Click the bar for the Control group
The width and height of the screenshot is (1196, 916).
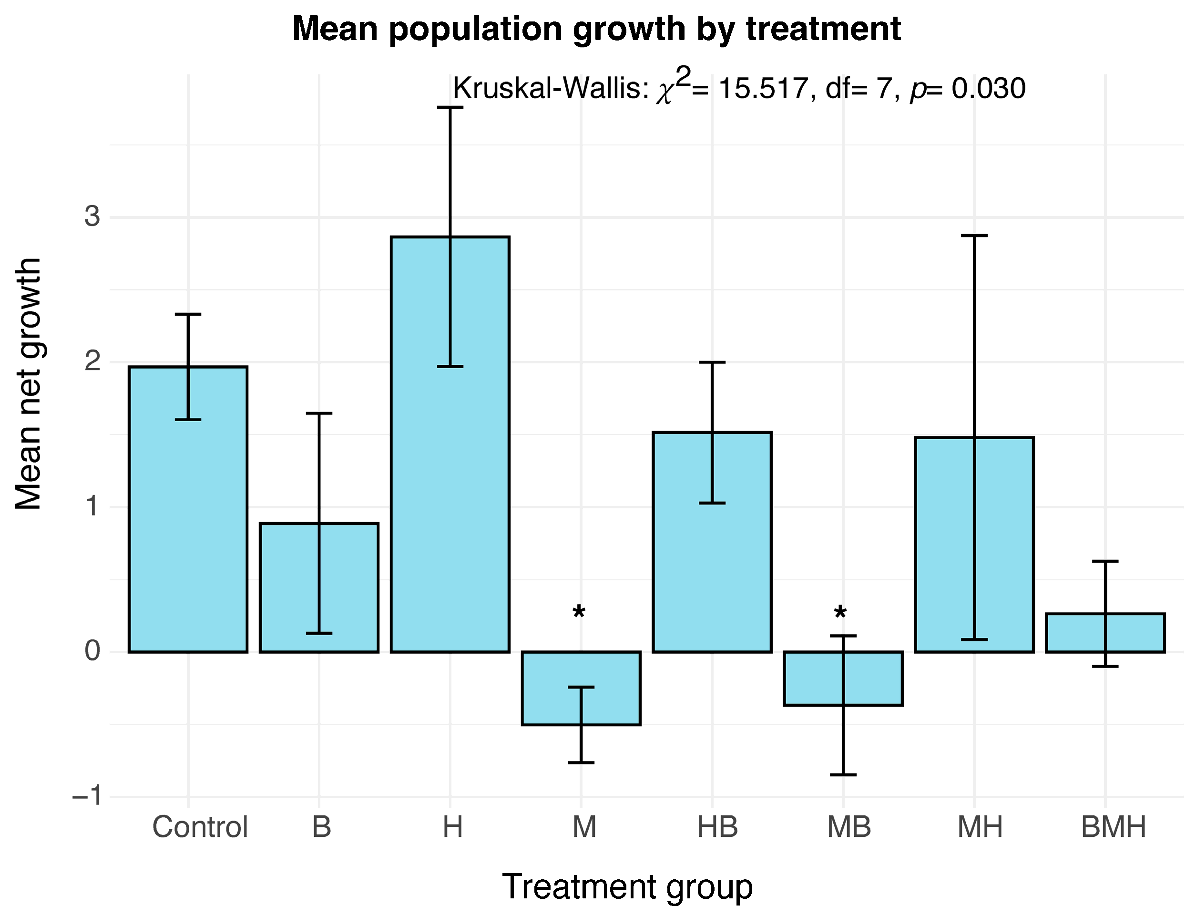(x=188, y=509)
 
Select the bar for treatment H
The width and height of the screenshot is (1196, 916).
(x=450, y=444)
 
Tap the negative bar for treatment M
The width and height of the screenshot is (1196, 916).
(x=581, y=688)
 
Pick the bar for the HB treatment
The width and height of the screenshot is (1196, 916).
(x=712, y=542)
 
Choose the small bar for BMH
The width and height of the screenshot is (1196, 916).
(x=1105, y=632)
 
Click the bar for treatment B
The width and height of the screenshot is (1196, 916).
(x=319, y=588)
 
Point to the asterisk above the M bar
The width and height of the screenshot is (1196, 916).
(x=579, y=613)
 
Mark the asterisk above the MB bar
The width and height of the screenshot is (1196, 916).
(x=840, y=613)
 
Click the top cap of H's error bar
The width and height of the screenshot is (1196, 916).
(x=450, y=107)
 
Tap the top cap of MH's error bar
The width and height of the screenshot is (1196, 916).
(x=974, y=236)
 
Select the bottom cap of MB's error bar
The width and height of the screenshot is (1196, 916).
(x=843, y=775)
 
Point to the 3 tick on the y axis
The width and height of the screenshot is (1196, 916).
(x=92, y=216)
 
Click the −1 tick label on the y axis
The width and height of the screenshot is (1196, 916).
(x=87, y=797)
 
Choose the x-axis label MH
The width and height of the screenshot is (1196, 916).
(x=980, y=827)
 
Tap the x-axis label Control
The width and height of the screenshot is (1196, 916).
(x=200, y=827)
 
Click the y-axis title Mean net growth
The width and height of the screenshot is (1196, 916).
(x=28, y=384)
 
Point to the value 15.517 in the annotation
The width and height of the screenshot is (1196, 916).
(x=763, y=88)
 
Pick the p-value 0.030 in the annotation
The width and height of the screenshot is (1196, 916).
(x=989, y=88)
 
